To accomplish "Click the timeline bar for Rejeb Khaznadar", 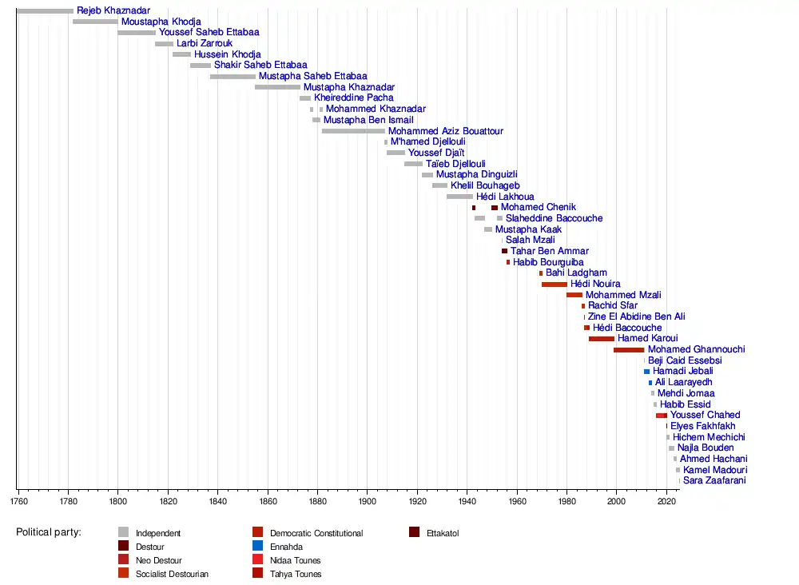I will (45, 10).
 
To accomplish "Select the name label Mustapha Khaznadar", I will (348, 87).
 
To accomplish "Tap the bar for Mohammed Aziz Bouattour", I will (353, 131).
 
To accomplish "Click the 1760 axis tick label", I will (18, 502).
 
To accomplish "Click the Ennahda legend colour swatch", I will (257, 547).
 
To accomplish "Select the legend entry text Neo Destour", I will (159, 560).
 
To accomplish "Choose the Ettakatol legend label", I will (443, 533).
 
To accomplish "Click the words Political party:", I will (49, 532).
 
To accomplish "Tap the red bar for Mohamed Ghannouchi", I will (629, 350).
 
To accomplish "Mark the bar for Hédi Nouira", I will (555, 285).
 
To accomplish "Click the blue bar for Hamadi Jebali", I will (647, 372).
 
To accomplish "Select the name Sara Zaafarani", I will (714, 481).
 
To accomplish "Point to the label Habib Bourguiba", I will (548, 262).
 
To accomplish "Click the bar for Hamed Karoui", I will (602, 339).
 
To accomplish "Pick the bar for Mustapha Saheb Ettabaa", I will (233, 77).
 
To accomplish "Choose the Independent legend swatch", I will (123, 533).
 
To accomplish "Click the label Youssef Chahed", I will (705, 416).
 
